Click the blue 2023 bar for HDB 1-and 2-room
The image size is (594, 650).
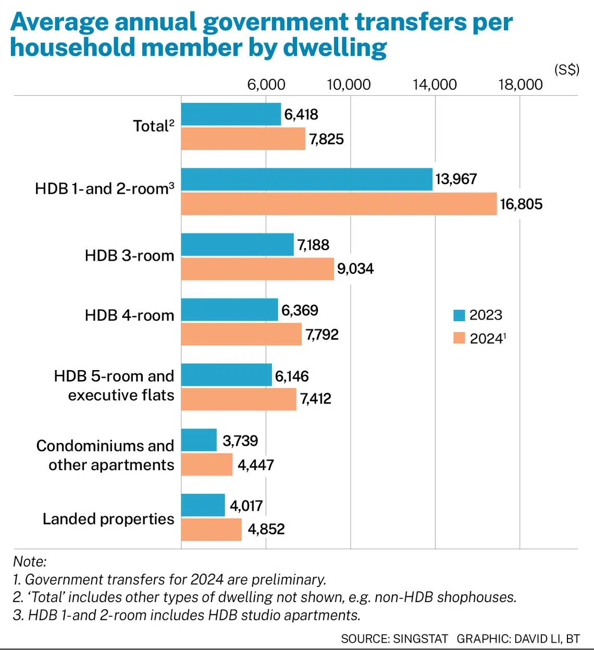point(306,179)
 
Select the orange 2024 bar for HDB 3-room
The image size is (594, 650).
point(257,269)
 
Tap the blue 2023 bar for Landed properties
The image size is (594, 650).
point(203,505)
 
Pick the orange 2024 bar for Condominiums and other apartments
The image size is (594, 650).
point(207,464)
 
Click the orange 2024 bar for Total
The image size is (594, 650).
point(243,139)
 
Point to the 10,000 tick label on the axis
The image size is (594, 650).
point(349,84)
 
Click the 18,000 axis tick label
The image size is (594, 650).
point(520,84)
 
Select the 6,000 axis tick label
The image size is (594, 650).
point(266,84)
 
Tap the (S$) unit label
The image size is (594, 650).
point(566,70)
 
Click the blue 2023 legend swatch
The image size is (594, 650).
point(459,315)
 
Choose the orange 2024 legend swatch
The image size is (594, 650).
point(459,338)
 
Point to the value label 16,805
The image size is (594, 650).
point(521,204)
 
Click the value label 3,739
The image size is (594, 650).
point(240,441)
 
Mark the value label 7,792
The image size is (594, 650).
point(322,335)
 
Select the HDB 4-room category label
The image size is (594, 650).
point(129,315)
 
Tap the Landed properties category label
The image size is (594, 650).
point(108,519)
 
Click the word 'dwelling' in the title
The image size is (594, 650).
point(335,47)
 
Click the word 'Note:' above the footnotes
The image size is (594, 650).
point(30,561)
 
